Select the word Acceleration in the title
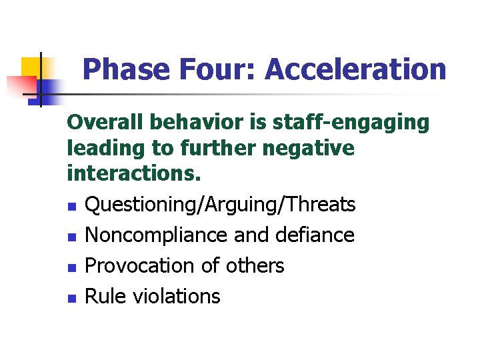point(355,69)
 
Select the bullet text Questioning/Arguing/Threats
point(221,205)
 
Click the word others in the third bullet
point(255,265)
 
